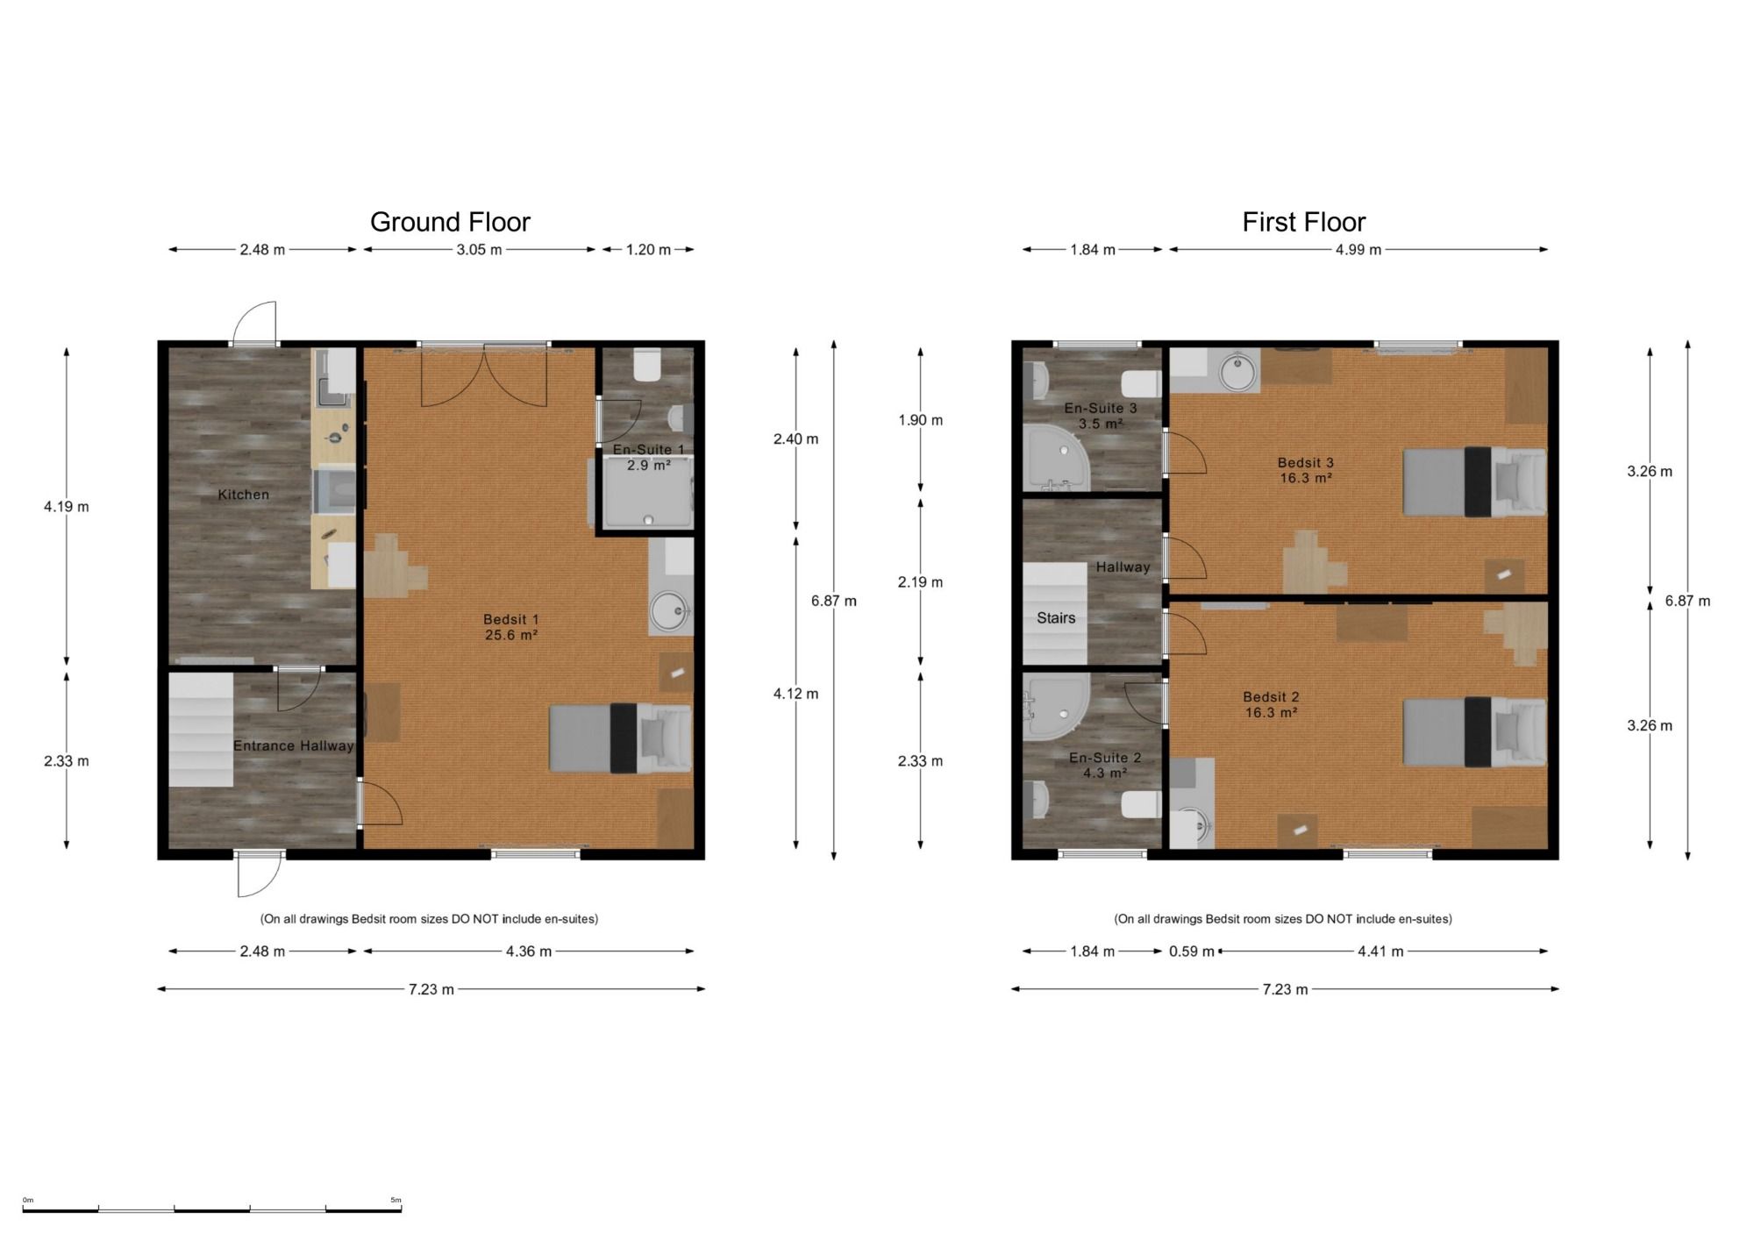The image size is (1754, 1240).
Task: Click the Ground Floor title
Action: tap(450, 222)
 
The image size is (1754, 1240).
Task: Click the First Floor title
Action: tap(1304, 222)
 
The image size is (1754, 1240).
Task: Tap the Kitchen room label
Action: tap(243, 495)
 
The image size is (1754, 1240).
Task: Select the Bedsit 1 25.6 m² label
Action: tap(511, 627)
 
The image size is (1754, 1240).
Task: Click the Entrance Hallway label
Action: tap(293, 745)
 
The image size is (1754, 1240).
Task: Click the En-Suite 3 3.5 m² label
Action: tap(1101, 416)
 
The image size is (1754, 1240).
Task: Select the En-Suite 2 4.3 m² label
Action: tap(1105, 765)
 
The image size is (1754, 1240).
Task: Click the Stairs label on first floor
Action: tap(1056, 618)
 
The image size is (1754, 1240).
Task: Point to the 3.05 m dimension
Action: tap(479, 250)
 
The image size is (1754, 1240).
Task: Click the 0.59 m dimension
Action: tap(1192, 951)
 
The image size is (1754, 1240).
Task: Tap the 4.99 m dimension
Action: tap(1358, 250)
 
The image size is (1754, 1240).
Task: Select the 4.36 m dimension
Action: tap(529, 951)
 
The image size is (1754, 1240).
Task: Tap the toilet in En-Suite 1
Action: tap(647, 366)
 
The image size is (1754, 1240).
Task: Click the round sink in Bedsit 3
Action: tap(1238, 371)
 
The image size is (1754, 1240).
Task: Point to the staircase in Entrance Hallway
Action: tap(201, 730)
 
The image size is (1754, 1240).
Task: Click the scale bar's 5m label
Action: tap(396, 1201)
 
